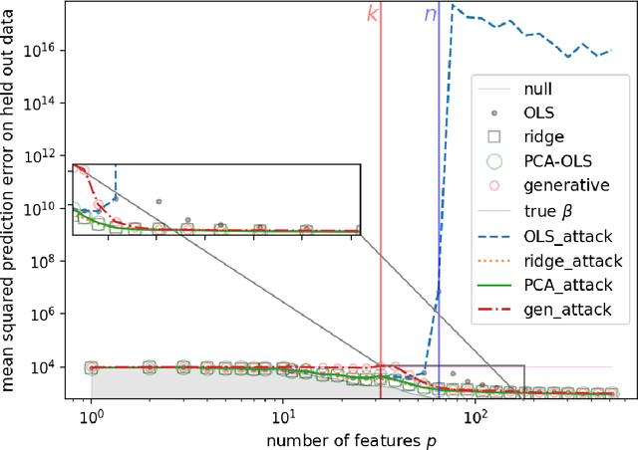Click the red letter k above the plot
[x=372, y=16]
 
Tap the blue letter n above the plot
[x=431, y=16]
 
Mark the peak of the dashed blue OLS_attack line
[x=453, y=5]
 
